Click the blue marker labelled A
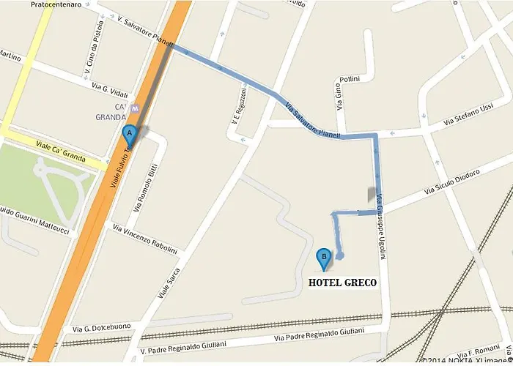coord(130,135)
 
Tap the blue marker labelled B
coord(322,258)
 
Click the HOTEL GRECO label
coord(342,283)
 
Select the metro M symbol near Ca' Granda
coord(134,108)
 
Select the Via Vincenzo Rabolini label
coord(145,239)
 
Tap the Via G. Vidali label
coord(110,90)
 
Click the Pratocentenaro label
coord(56,6)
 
